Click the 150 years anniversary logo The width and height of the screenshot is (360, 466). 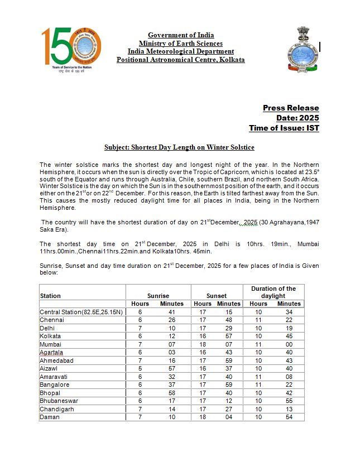point(73,49)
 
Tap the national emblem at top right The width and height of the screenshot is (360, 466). point(303,49)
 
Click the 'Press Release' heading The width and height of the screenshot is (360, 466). point(291,108)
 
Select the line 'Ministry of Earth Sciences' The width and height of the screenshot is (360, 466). point(180,44)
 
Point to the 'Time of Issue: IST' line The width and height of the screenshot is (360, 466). point(284,128)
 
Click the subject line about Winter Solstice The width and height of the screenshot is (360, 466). point(179,147)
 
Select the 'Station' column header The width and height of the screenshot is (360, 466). point(51,296)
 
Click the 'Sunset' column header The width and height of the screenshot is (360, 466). point(217,296)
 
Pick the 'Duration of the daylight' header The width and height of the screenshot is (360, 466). point(273,292)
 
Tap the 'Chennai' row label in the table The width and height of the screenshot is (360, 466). point(51,320)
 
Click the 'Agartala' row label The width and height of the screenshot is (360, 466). point(51,352)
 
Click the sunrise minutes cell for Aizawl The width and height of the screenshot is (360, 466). point(172,368)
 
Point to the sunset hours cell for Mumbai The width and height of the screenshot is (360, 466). point(203,344)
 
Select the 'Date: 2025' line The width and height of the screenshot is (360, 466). point(297,118)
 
